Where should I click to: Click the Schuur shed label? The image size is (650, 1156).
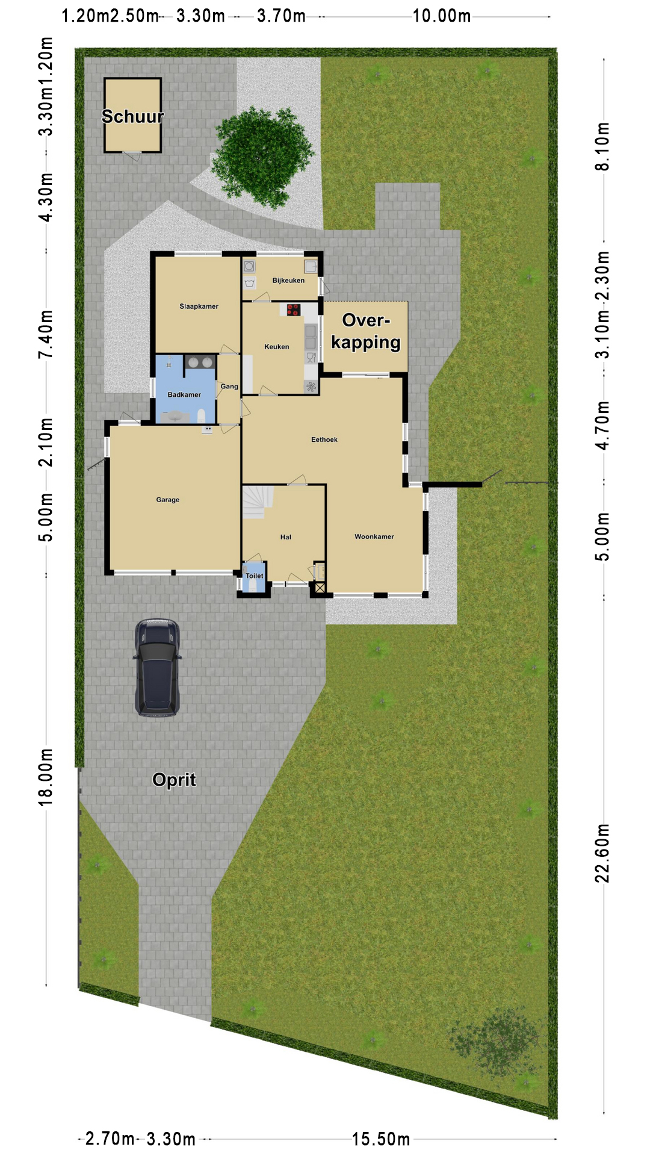click(x=132, y=116)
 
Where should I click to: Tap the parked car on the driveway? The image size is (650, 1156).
click(x=157, y=668)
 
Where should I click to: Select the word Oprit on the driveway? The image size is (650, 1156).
click(x=174, y=780)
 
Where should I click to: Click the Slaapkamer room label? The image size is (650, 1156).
click(x=199, y=306)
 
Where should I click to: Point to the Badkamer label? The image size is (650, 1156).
click(x=184, y=395)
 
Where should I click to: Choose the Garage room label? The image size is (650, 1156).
click(x=167, y=500)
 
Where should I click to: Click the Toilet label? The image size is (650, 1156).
click(x=254, y=576)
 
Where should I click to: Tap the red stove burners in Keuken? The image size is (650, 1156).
click(x=293, y=310)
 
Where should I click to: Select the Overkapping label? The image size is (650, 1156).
click(x=366, y=331)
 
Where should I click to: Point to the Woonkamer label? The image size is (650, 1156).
click(x=374, y=536)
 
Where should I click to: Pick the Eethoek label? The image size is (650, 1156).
click(x=324, y=440)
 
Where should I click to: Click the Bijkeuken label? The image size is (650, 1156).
click(x=288, y=281)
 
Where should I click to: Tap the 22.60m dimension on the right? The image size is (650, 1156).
click(x=602, y=853)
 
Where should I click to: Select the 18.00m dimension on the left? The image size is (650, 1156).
click(x=46, y=777)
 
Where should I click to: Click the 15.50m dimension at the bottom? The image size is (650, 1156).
click(x=381, y=1139)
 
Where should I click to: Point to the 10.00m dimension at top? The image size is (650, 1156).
click(x=442, y=16)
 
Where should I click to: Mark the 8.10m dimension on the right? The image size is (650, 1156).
click(x=602, y=146)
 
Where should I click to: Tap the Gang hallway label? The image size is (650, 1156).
click(x=229, y=387)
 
